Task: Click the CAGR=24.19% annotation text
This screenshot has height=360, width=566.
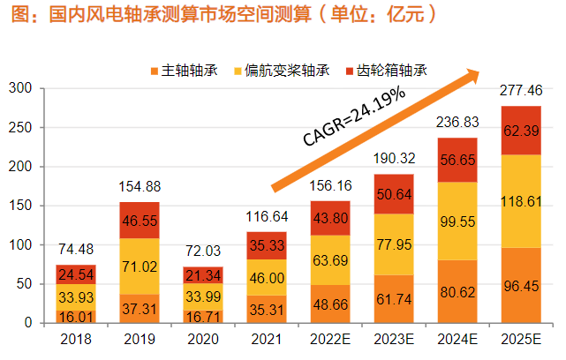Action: click(x=354, y=116)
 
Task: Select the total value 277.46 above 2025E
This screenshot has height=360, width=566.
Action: click(x=522, y=91)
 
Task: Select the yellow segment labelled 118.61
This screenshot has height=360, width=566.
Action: click(x=522, y=201)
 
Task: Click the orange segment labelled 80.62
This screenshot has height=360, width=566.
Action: click(x=459, y=292)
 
